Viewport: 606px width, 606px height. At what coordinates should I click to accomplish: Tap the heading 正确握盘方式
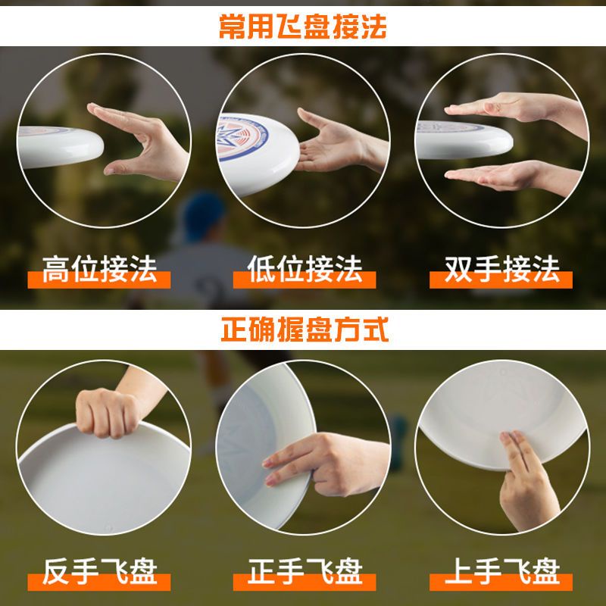coord(304,330)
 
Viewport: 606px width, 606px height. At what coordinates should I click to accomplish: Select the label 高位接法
coord(99,270)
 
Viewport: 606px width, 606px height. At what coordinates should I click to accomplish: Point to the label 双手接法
coord(502,270)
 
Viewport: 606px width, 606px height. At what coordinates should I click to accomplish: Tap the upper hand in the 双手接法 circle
coord(515,108)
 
